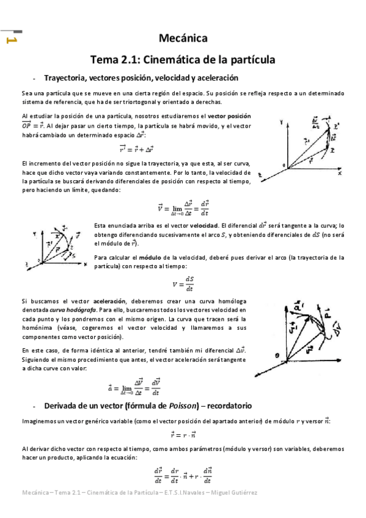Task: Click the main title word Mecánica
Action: coord(183,39)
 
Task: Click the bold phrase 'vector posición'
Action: coord(229,116)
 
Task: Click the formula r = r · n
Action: coord(183,436)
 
